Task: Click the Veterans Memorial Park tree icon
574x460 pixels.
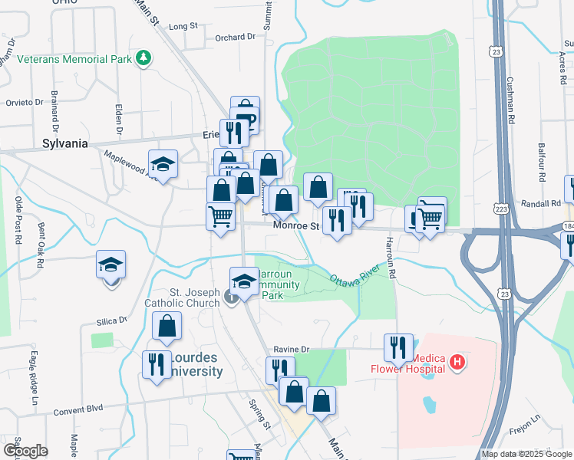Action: [x=143, y=58]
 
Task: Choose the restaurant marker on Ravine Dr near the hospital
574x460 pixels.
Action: [x=398, y=347]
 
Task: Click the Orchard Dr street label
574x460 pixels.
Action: [x=235, y=37]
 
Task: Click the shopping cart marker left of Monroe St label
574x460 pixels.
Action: [x=220, y=215]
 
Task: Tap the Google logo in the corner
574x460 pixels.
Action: [x=25, y=451]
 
